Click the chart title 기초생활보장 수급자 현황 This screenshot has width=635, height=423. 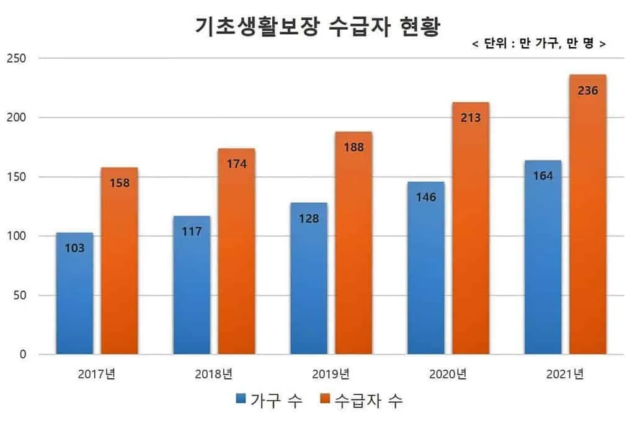[x=317, y=27]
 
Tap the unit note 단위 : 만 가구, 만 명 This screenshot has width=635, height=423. [x=538, y=44]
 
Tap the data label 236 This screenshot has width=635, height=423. [x=588, y=91]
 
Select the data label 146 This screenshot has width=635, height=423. [x=426, y=197]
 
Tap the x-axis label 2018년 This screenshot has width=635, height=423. [x=214, y=374]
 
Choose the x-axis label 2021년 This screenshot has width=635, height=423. [x=565, y=374]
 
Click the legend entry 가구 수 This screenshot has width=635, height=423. [x=270, y=401]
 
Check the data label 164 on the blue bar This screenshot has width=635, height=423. [x=543, y=176]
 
